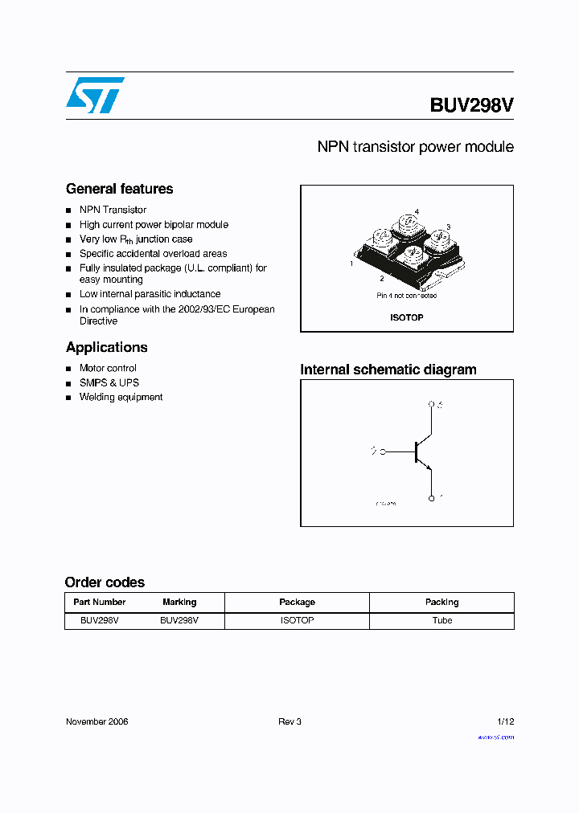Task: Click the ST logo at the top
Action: (95, 95)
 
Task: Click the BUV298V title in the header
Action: (471, 105)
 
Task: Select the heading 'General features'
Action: (119, 189)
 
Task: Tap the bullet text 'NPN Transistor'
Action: (113, 210)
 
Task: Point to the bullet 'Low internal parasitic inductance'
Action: (150, 294)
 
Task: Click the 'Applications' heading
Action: (106, 347)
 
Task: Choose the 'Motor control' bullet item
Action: (108, 368)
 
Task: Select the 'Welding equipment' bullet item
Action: (121, 397)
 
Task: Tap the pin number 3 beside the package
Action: (448, 227)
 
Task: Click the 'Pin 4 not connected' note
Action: (407, 296)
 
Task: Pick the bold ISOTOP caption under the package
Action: (407, 317)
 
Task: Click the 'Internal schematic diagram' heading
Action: (388, 370)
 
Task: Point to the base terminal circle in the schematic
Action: (382, 451)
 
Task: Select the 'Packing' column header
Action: (441, 602)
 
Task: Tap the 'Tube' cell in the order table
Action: (441, 620)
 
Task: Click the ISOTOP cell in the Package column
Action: (297, 620)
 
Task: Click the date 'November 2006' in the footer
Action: (96, 721)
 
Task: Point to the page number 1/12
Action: (504, 721)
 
